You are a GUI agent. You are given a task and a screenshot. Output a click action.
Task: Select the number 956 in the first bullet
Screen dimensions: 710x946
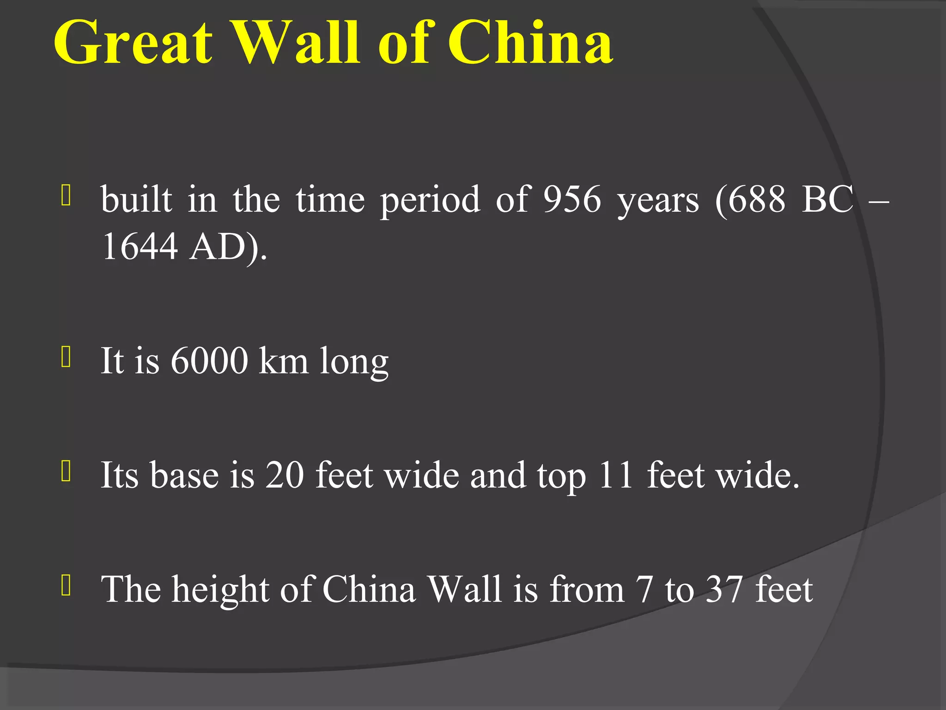click(572, 200)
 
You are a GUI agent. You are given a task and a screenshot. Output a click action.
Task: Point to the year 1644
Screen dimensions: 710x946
click(140, 246)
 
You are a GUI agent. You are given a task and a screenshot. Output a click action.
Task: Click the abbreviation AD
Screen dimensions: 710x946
click(218, 246)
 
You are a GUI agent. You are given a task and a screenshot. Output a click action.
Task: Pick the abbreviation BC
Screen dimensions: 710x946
click(827, 200)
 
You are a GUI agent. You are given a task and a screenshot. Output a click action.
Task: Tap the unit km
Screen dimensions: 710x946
click(283, 361)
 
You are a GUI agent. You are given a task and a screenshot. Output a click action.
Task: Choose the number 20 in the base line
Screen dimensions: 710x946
click(285, 475)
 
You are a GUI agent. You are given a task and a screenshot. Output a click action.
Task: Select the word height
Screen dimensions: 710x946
click(220, 590)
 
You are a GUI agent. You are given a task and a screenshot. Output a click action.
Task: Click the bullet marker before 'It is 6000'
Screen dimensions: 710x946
click(66, 357)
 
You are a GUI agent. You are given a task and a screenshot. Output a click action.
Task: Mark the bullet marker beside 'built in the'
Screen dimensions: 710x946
click(66, 196)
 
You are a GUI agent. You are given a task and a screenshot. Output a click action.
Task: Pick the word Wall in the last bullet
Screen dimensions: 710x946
click(464, 589)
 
